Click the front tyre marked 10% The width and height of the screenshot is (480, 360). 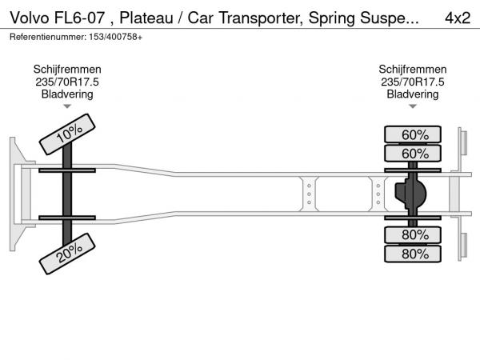click(69, 134)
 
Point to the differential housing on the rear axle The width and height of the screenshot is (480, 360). click(410, 194)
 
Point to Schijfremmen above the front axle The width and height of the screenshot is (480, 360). click(67, 70)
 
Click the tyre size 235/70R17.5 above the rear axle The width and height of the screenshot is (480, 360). click(413, 82)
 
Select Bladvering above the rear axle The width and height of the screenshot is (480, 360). click(413, 94)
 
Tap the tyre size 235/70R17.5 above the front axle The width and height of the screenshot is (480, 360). click(67, 82)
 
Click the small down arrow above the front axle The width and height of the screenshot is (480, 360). click(67, 106)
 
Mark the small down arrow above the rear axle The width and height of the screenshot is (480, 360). click(413, 106)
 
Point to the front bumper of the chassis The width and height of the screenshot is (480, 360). click(14, 194)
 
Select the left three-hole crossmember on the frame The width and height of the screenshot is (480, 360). click(307, 194)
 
